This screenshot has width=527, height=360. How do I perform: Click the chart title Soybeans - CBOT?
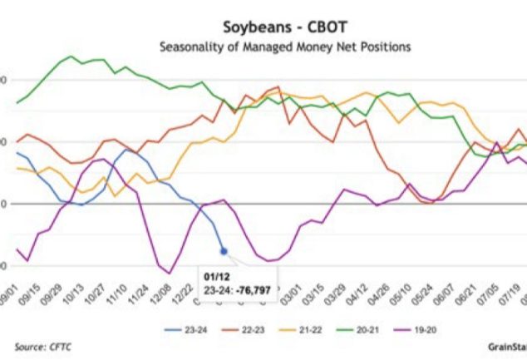point(284,27)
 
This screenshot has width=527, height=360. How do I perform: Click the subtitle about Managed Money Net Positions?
point(284,47)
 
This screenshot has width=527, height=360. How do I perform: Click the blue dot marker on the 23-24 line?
point(223,250)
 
